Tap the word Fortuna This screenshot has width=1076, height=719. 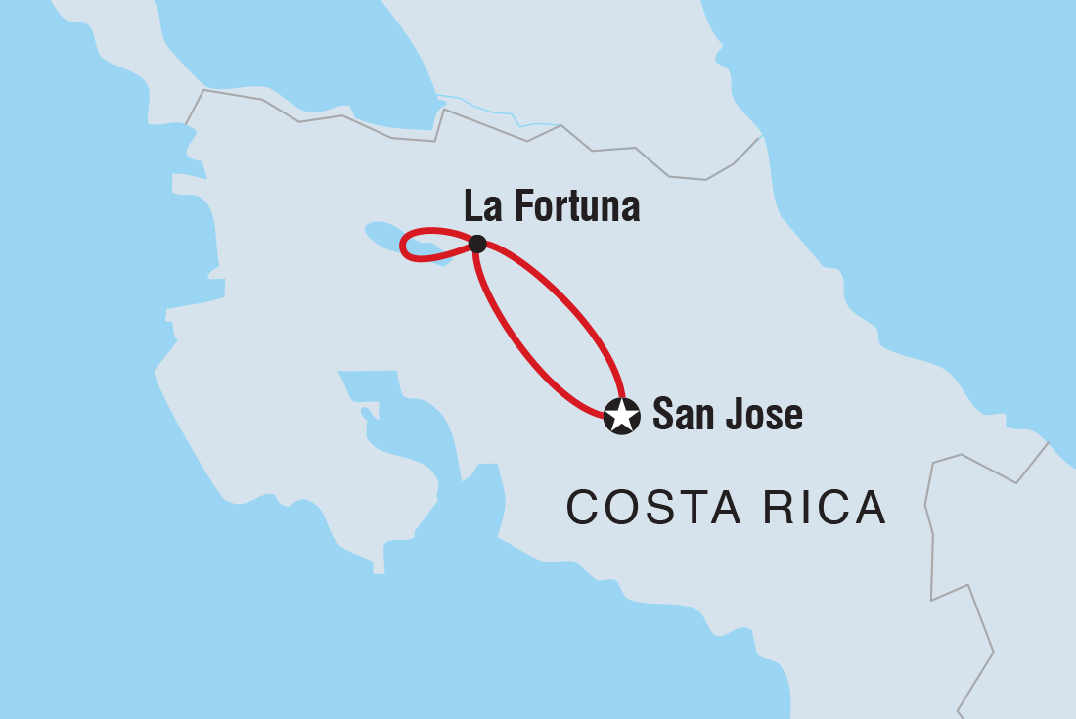click(576, 207)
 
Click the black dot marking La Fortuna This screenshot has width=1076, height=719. click(477, 244)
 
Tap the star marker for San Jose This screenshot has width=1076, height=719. click(622, 416)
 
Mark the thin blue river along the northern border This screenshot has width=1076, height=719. click(489, 108)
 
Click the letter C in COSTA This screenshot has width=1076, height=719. click(583, 508)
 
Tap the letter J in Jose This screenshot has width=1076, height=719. click(734, 415)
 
